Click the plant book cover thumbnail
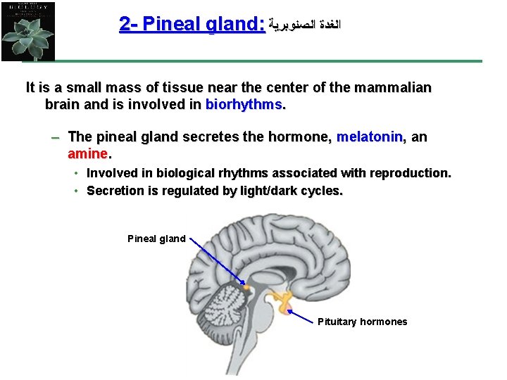(28, 30)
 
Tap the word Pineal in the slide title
(174, 24)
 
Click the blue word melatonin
(370, 137)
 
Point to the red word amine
(87, 153)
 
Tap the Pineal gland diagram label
(156, 239)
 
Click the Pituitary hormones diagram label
(362, 322)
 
